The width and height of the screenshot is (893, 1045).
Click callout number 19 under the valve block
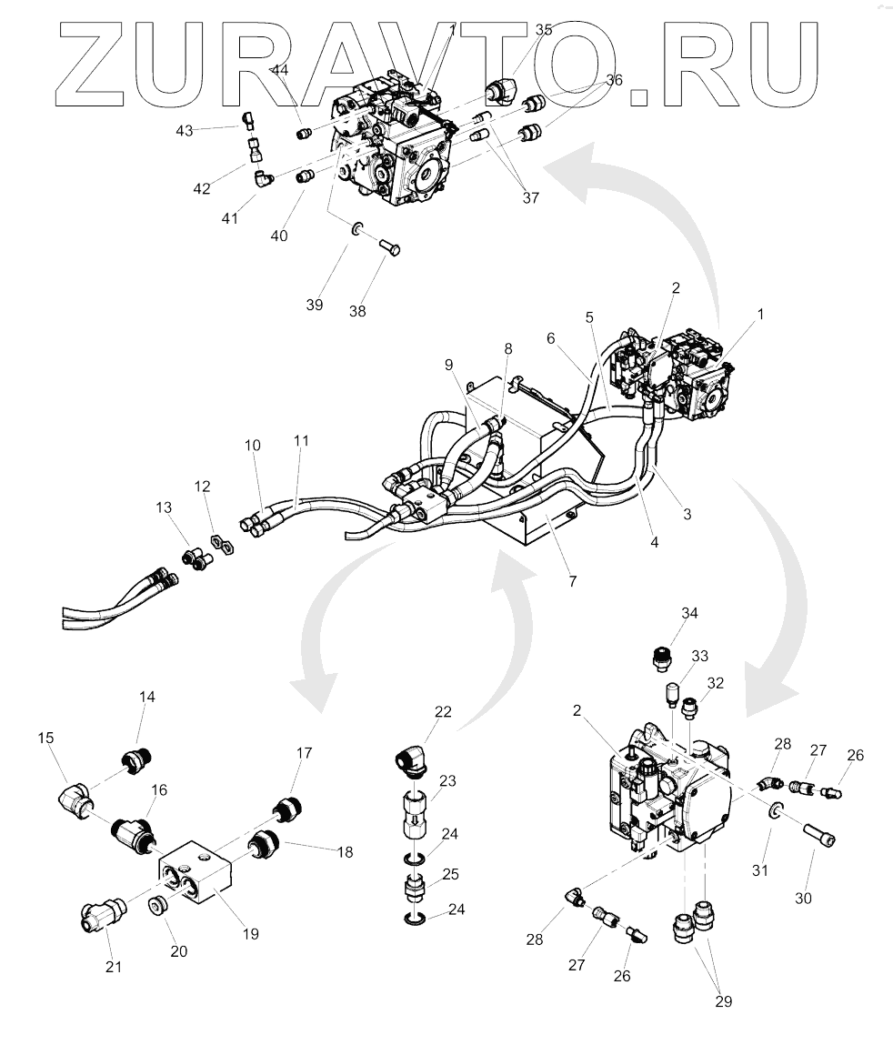click(x=251, y=934)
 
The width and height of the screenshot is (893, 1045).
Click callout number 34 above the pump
click(x=689, y=612)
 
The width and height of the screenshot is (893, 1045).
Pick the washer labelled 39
click(x=357, y=230)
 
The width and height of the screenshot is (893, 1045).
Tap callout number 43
click(x=185, y=131)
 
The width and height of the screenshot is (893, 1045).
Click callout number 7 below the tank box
click(x=573, y=581)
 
